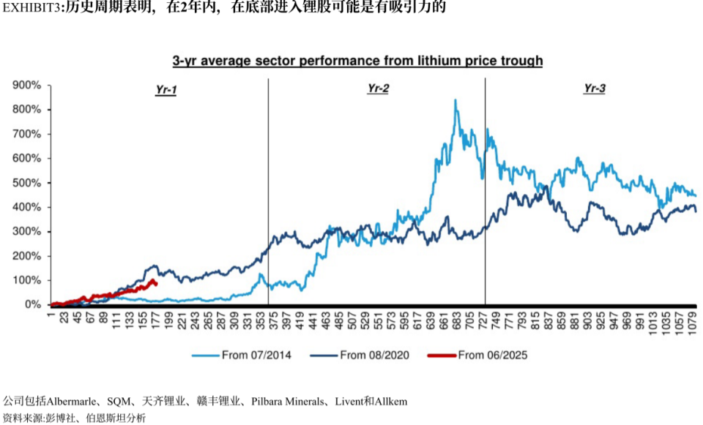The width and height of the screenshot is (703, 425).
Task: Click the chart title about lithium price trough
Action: coord(357,61)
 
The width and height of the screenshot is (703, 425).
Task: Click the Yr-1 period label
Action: coord(166,89)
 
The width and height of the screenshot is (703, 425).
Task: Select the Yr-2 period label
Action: coord(378,89)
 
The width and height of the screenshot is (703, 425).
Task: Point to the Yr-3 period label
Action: coord(594,89)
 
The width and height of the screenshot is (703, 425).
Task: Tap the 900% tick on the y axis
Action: coord(26,86)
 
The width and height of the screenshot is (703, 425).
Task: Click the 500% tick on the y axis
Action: coord(26,183)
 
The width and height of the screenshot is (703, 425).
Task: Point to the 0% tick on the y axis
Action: coord(31,304)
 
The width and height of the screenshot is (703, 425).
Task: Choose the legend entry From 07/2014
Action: coord(242,356)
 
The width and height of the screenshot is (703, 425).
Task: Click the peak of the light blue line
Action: coord(455,100)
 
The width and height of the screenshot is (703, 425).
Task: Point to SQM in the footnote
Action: coord(119,402)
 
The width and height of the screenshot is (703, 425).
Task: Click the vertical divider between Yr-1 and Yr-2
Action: coord(268,190)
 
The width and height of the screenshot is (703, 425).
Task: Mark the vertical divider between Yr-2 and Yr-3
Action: coord(485,190)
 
